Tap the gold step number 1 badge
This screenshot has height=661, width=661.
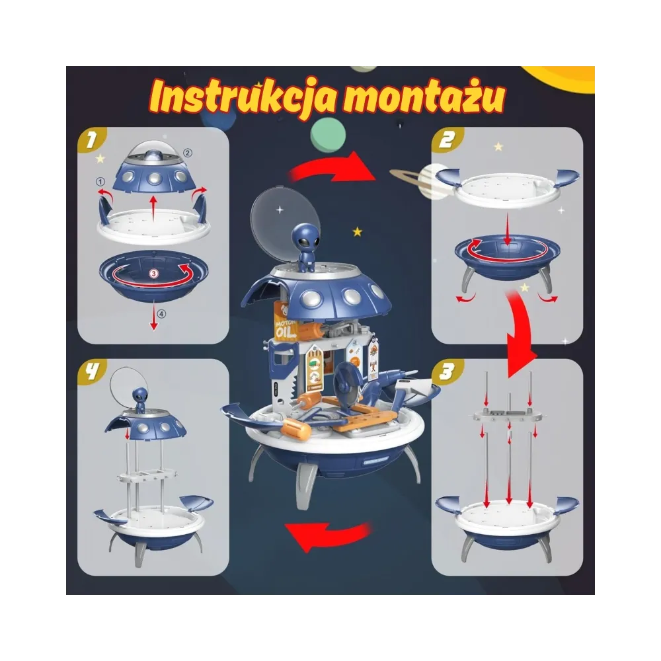[x=89, y=139]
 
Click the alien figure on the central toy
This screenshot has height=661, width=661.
[x=305, y=247]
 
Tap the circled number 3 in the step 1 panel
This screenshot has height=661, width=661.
[x=153, y=274]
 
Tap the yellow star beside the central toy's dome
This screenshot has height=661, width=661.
[x=358, y=232]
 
